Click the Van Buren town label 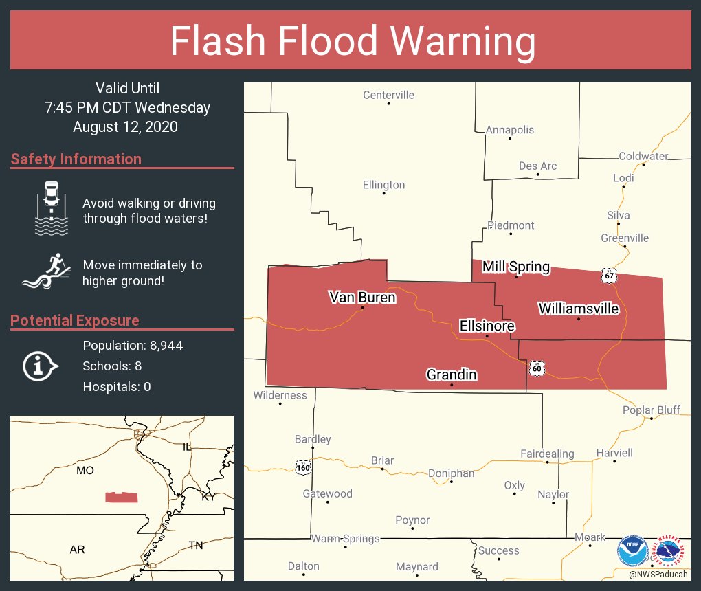coord(362,298)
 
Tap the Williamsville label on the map coord(579,309)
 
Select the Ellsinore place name coord(487,326)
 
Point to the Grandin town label coord(452,375)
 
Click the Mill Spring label coord(516,267)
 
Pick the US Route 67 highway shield coord(608,276)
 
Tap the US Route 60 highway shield coord(537,369)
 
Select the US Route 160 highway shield coord(303,468)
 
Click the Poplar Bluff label coord(651,410)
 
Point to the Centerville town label coord(388,95)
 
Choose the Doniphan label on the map coord(451,473)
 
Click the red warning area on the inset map coord(121,498)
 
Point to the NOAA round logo coord(632,550)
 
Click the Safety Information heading coord(76,159)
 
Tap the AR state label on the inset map coord(78,550)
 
